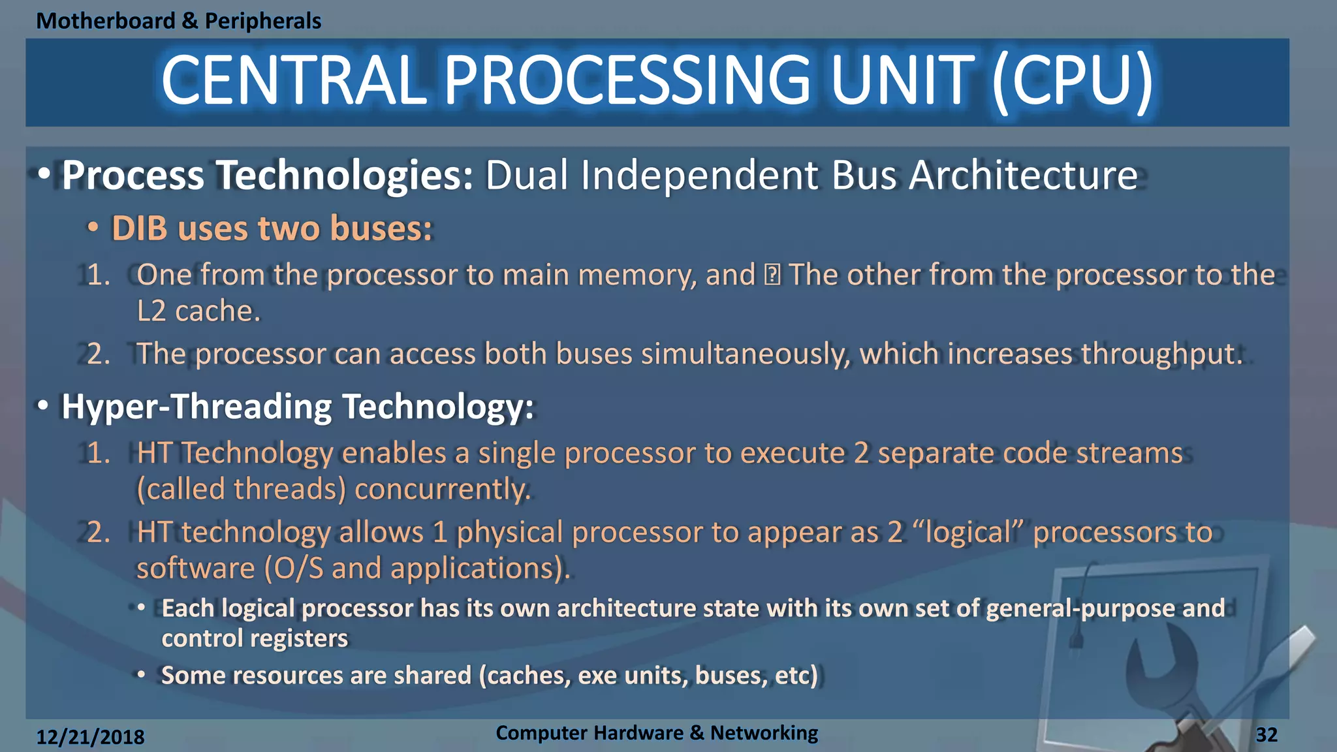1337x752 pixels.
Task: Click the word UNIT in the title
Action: tap(902, 81)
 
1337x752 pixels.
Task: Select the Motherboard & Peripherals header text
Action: tap(178, 21)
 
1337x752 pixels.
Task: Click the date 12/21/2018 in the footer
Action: tap(90, 737)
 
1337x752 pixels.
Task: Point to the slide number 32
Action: tap(1266, 735)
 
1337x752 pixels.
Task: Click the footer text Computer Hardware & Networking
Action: tap(656, 733)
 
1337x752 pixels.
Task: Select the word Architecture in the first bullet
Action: tap(1023, 176)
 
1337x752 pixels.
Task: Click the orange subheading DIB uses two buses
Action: tap(272, 228)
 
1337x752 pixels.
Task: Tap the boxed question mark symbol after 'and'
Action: tap(772, 275)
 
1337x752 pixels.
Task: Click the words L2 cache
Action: tap(198, 311)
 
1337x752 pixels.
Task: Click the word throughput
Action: tap(1161, 354)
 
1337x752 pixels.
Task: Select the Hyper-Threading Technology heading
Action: tap(297, 407)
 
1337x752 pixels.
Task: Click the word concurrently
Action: tap(442, 489)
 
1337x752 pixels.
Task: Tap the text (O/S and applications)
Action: tap(417, 568)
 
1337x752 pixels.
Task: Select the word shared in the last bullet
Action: tap(432, 675)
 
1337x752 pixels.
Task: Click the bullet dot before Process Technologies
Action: tap(44, 175)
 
